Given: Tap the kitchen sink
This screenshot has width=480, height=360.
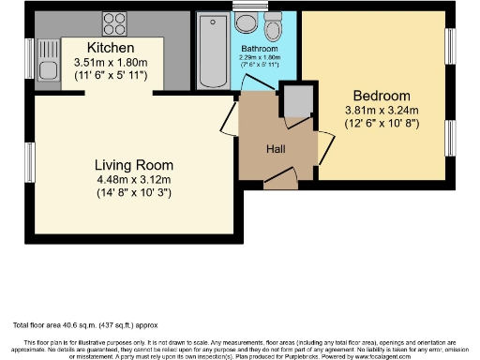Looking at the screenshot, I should tap(46, 67).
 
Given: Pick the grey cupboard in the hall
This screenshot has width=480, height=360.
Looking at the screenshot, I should tap(297, 99).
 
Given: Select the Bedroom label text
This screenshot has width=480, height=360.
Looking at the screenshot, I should tap(382, 96).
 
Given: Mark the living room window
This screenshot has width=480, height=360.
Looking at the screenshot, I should tap(30, 160).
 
